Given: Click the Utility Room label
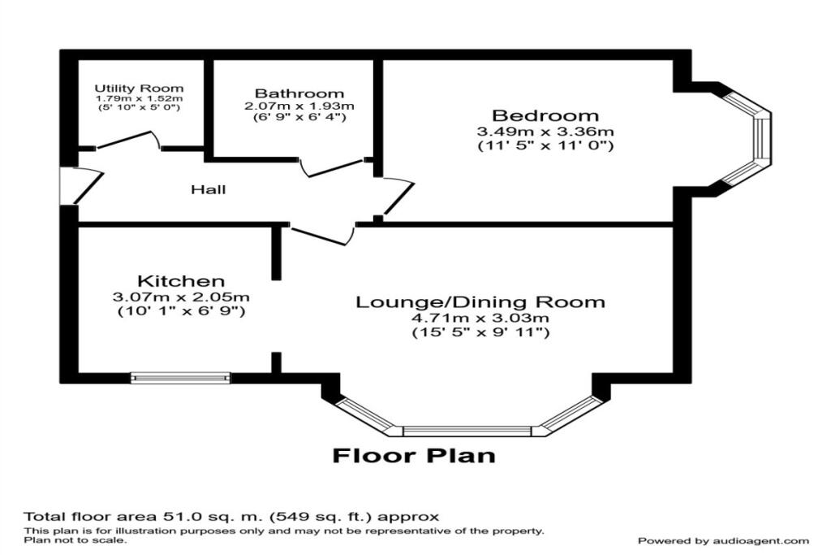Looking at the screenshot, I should point(139,88).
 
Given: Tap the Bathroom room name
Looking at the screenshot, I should point(299,93).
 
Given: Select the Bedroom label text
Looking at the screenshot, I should point(545,115).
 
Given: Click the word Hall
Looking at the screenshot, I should point(209,190).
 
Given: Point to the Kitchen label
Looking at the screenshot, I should point(180,281).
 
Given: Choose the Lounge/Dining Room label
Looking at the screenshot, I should point(480,302).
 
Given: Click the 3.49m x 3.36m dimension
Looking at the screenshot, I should point(545,132).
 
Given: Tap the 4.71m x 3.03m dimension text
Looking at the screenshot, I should point(480,318).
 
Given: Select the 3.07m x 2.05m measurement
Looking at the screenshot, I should point(181,297).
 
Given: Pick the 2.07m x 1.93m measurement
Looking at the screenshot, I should point(299,106).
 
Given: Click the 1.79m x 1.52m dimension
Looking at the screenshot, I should point(139,98).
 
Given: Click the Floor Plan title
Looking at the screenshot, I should point(414,455).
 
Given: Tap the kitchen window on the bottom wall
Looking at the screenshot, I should point(181,377).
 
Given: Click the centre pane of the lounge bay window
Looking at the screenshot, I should point(467,430).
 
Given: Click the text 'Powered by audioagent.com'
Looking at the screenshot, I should point(723,540).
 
